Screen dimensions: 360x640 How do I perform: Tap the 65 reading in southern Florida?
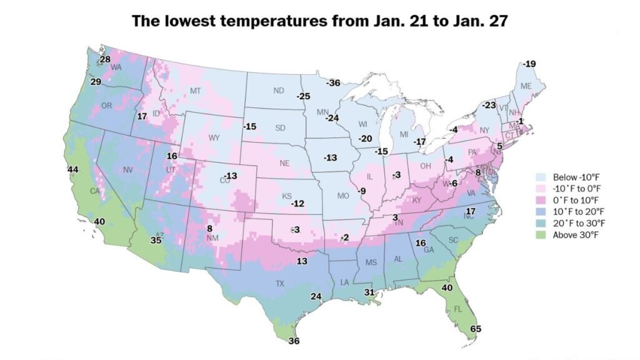476,329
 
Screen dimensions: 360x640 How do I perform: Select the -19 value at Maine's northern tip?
529,64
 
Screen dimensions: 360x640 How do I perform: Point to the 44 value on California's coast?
73,170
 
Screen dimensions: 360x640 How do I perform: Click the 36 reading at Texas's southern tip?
294,341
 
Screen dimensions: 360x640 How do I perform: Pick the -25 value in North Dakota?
303,96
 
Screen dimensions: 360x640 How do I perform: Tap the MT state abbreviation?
194,91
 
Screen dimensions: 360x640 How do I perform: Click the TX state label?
280,284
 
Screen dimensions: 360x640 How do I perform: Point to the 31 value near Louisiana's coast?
369,292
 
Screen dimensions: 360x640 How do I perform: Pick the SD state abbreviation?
280,128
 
